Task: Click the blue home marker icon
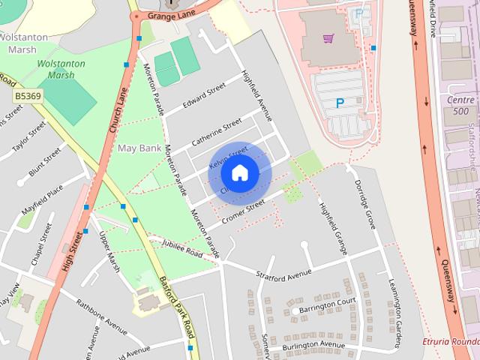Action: [x=239, y=173]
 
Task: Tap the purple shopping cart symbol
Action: [x=328, y=37]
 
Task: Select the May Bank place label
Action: [x=139, y=148]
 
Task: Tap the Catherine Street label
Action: [x=216, y=131]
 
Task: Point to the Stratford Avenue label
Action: [x=283, y=275]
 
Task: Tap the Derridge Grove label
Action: [x=364, y=195]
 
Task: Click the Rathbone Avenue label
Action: [x=103, y=314]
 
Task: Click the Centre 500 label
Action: [x=461, y=105]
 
